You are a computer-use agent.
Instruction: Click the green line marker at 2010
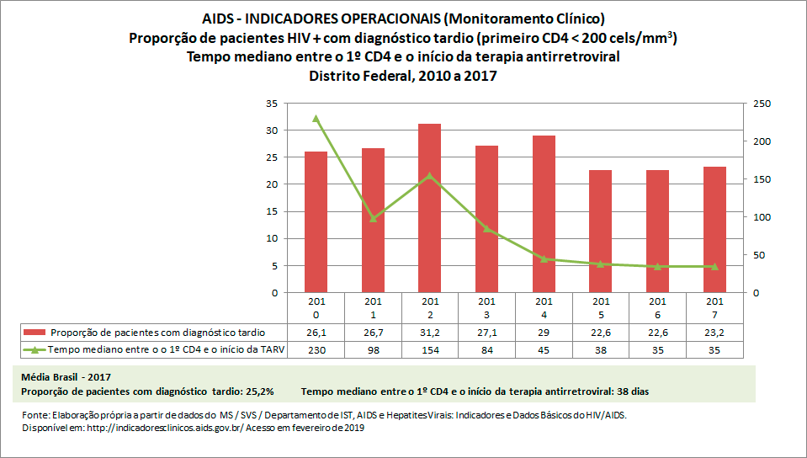316,119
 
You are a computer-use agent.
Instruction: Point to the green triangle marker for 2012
429,176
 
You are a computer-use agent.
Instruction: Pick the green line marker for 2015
600,264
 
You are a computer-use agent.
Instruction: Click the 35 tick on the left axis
270,104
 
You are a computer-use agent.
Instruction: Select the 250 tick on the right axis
762,104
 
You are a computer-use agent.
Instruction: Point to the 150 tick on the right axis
762,179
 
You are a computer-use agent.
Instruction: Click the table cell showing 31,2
429,333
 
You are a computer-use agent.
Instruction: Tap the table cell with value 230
316,350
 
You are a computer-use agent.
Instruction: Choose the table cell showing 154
429,350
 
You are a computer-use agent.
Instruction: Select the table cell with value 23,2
714,333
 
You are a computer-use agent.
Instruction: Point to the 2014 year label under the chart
544,306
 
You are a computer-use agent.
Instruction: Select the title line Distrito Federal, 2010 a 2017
403,76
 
